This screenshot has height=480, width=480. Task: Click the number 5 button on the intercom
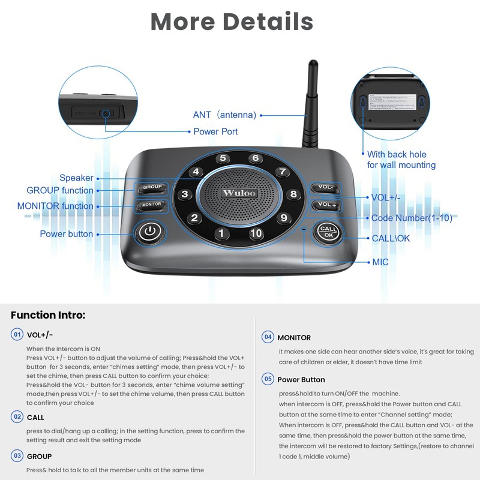pos(223,159)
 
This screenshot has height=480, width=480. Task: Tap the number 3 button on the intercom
pos(185,194)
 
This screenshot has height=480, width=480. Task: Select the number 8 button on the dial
pos(293,194)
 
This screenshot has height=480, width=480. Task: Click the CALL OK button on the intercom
pos(328,232)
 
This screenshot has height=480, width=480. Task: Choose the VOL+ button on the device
pos(326,205)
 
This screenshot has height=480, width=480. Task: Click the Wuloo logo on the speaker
pos(239,193)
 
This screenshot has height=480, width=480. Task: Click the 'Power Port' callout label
pos(215,131)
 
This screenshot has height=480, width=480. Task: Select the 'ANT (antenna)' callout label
pos(224,115)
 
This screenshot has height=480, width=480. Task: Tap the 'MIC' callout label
pos(380,262)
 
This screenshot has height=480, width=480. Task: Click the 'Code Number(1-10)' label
pos(412,218)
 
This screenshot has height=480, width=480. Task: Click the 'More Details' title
pos(232,22)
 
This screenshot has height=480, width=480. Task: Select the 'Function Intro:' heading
pos(48,315)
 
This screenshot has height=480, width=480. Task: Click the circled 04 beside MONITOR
pos(268,337)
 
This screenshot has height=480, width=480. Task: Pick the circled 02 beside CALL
pos(17,416)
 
